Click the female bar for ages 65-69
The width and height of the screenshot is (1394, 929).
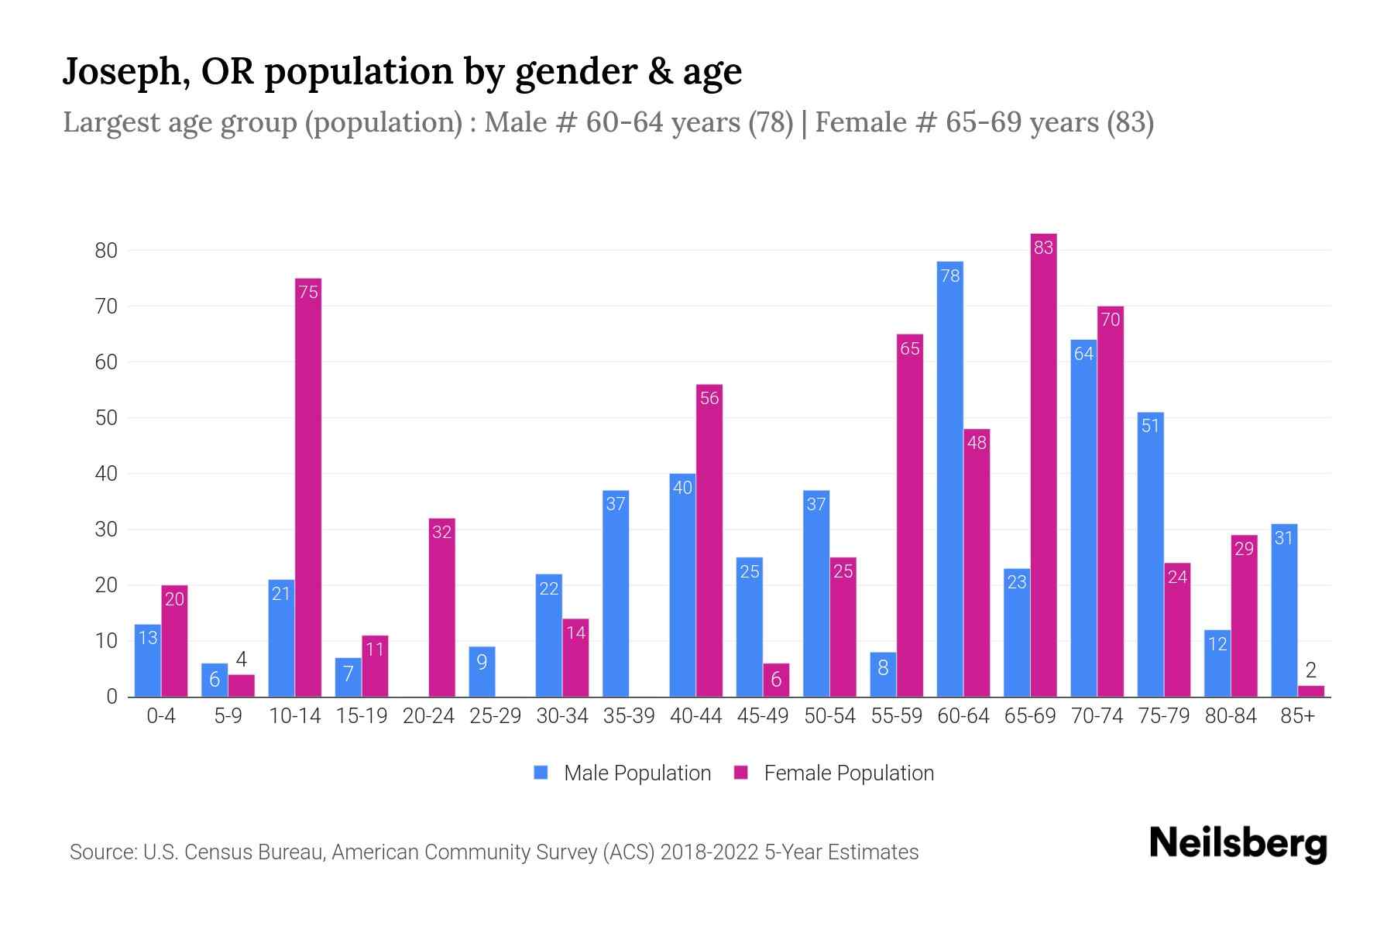click(1044, 464)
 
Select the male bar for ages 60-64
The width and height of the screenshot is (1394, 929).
click(950, 480)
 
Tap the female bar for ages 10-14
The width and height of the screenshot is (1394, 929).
click(308, 488)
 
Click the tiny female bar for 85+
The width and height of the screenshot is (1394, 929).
click(1311, 691)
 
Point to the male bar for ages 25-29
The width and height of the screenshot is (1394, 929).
click(482, 672)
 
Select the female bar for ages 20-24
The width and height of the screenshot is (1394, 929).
click(441, 608)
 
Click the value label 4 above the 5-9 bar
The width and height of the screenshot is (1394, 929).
click(242, 660)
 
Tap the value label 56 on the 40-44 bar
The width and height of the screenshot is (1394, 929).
click(709, 398)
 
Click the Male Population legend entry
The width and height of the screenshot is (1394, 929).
click(622, 773)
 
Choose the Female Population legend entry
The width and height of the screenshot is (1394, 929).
click(834, 773)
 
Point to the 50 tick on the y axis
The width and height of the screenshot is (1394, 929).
click(106, 418)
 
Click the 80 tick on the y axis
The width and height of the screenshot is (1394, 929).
click(106, 251)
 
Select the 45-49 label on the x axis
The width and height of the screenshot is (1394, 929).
click(763, 716)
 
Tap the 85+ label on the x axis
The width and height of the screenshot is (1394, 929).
click(1297, 716)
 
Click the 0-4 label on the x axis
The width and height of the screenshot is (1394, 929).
click(161, 716)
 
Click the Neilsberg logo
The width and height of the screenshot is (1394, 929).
click(1238, 844)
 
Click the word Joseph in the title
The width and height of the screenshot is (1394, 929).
click(126, 71)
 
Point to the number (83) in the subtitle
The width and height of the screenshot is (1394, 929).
click(1130, 122)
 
